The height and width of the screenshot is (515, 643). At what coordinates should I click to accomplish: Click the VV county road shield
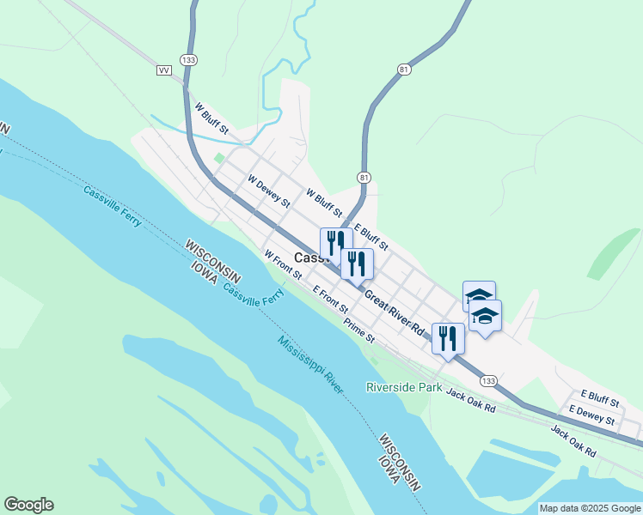[164, 70]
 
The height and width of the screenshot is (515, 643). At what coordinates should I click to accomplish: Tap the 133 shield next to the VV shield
[189, 59]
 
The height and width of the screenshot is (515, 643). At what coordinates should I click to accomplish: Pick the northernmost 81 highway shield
[404, 69]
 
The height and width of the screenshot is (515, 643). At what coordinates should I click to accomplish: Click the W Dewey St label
[269, 192]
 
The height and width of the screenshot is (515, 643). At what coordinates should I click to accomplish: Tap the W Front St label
[284, 265]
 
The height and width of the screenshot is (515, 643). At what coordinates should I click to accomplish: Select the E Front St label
[331, 299]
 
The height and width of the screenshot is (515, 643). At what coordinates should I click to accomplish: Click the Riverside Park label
[404, 388]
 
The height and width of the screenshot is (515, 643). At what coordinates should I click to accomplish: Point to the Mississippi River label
[310, 365]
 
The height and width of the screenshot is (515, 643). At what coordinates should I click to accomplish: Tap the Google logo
[28, 505]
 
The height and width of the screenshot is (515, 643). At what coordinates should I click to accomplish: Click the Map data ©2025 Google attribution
[590, 508]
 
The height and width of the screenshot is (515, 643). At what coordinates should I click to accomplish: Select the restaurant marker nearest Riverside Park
[448, 338]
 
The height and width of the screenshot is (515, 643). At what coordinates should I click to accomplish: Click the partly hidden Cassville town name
[307, 257]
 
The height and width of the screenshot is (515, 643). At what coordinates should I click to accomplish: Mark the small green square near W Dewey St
[219, 158]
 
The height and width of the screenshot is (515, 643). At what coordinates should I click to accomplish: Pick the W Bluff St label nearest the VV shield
[211, 119]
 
